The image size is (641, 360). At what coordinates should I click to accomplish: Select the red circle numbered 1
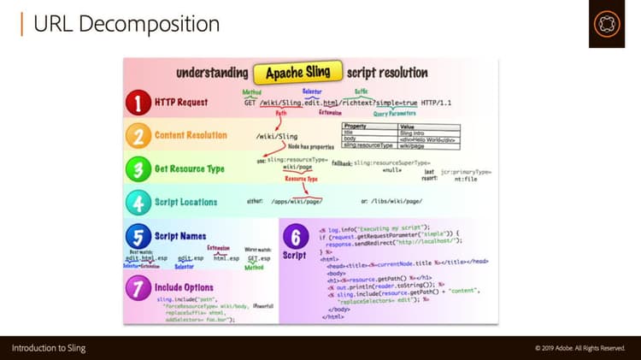point(138,104)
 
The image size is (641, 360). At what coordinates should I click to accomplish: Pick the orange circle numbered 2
point(138,136)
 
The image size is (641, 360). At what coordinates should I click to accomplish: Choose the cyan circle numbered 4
point(138,203)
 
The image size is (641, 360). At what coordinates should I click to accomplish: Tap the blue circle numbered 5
point(138,236)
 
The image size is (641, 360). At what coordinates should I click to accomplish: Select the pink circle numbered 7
point(138,287)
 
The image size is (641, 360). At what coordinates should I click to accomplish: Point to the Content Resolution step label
point(191,135)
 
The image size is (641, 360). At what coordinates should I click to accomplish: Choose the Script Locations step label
point(186,203)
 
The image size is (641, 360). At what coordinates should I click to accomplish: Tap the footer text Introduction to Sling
point(49,348)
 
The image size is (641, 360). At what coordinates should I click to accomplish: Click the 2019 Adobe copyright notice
point(579,348)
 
